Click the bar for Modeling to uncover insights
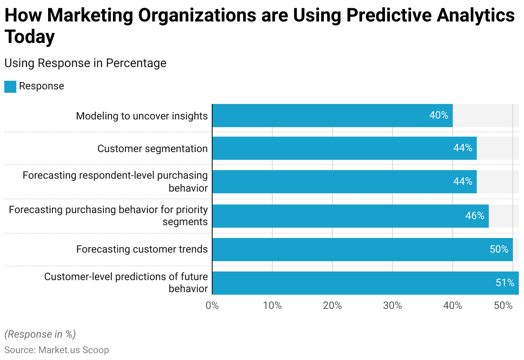pyautogui.click(x=332, y=116)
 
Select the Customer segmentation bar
pyautogui.click(x=344, y=148)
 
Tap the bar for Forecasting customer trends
pyautogui.click(x=362, y=249)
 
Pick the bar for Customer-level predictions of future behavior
pyautogui.click(x=365, y=283)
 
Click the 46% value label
pyautogui.click(x=475, y=216)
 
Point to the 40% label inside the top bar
pyautogui.click(x=439, y=116)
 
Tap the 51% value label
pyautogui.click(x=505, y=283)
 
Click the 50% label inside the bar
pyautogui.click(x=499, y=249)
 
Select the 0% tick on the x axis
pyautogui.click(x=212, y=306)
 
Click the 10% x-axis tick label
pyautogui.click(x=272, y=306)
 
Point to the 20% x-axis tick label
pyautogui.click(x=332, y=306)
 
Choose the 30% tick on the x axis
pyautogui.click(x=393, y=306)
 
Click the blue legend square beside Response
pyautogui.click(x=10, y=86)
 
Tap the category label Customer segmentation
pyautogui.click(x=152, y=149)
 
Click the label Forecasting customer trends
pyautogui.click(x=142, y=249)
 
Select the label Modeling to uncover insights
pyautogui.click(x=142, y=116)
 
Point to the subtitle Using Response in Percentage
pyautogui.click(x=85, y=63)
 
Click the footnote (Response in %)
pyautogui.click(x=40, y=334)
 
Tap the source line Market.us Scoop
pyautogui.click(x=57, y=350)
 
